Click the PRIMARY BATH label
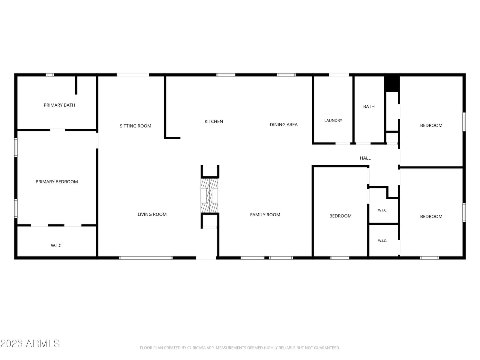pyautogui.click(x=59, y=105)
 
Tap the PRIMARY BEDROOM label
pyautogui.click(x=57, y=181)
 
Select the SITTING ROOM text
pyautogui.click(x=135, y=126)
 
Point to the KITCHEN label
pyautogui.click(x=214, y=121)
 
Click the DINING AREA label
pyautogui.click(x=283, y=124)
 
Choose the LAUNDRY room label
pyautogui.click(x=333, y=120)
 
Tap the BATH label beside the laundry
pyautogui.click(x=369, y=106)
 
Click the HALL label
pyautogui.click(x=365, y=158)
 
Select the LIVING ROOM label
pyautogui.click(x=152, y=214)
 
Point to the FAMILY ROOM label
pyautogui.click(x=265, y=215)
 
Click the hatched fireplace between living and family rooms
pyautogui.click(x=209, y=196)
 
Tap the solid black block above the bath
pyautogui.click(x=392, y=84)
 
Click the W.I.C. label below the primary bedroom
pyautogui.click(x=57, y=246)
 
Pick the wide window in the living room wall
pyautogui.click(x=146, y=258)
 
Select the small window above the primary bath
pyautogui.click(x=50, y=75)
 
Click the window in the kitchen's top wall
pyautogui.click(x=226, y=75)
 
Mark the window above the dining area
pyautogui.click(x=286, y=75)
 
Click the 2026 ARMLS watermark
pyautogui.click(x=30, y=343)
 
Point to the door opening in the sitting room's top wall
pyautogui.click(x=133, y=75)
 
